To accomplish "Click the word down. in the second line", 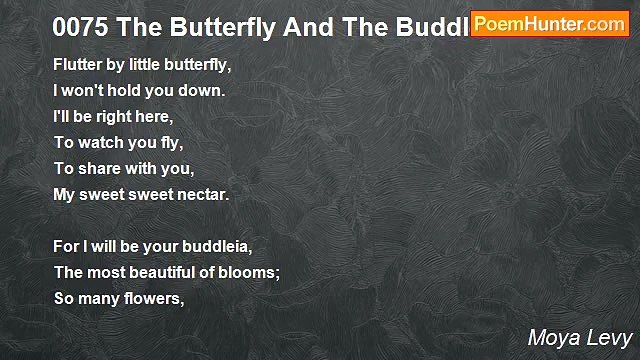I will [202, 90].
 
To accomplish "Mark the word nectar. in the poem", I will [203, 194].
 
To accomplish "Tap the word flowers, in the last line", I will [154, 298].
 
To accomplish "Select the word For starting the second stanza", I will [66, 246].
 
